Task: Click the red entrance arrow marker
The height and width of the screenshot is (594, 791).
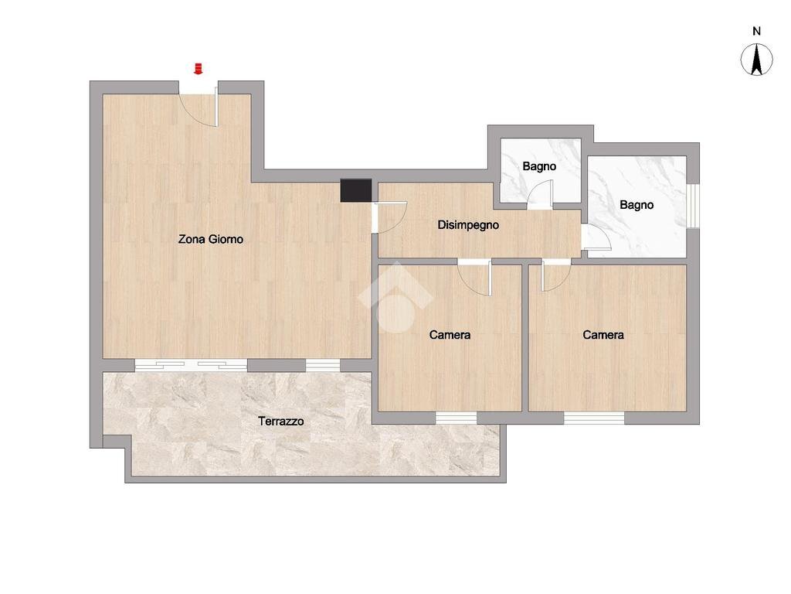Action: (x=199, y=69)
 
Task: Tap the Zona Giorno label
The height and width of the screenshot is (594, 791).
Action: (x=210, y=239)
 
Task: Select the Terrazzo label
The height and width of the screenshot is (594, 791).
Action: (x=281, y=421)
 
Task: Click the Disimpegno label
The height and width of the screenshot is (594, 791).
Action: (x=468, y=225)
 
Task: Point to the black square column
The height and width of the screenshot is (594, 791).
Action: (x=355, y=190)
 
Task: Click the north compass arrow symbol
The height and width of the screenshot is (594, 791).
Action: (x=756, y=60)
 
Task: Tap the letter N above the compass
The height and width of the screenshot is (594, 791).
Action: (x=757, y=31)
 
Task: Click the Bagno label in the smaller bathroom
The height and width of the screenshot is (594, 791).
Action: (x=539, y=166)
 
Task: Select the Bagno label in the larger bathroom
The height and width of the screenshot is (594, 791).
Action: (x=637, y=205)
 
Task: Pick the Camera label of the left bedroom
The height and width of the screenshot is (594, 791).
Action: (x=450, y=335)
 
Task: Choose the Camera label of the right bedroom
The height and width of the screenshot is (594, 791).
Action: (x=603, y=335)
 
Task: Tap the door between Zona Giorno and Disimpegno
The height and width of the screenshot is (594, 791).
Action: (x=390, y=217)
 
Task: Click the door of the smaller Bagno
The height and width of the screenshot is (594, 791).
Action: (x=540, y=194)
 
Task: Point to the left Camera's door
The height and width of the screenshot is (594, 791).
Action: (x=475, y=278)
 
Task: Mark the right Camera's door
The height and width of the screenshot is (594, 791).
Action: (x=556, y=276)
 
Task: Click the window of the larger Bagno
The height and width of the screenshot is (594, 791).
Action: (x=693, y=206)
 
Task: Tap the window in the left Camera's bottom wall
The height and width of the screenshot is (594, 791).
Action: (x=456, y=418)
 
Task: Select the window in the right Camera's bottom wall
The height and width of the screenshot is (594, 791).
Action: (x=594, y=418)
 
